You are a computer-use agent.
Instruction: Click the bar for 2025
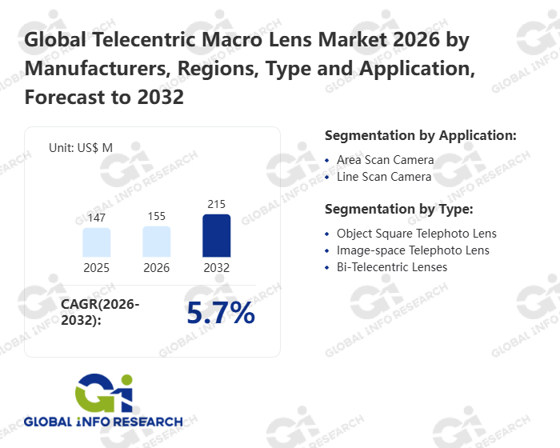[x=97, y=242]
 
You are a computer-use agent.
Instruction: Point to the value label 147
[x=97, y=218]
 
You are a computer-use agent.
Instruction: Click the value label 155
[x=157, y=216]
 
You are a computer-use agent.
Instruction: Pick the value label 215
[x=217, y=204]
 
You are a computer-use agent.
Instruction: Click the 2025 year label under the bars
[x=97, y=268]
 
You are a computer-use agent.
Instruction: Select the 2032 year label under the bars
[x=217, y=268]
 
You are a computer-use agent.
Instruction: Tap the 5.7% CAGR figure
[x=221, y=313]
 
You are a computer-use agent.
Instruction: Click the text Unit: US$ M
[x=81, y=147]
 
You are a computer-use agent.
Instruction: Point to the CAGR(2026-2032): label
[x=100, y=312]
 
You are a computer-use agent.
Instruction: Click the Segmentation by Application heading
[x=420, y=135]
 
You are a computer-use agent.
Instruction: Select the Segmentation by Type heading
[x=398, y=210]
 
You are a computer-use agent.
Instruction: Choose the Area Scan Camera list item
[x=385, y=160]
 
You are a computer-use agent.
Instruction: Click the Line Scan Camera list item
[x=384, y=177]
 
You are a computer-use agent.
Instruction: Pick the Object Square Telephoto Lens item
[x=416, y=234]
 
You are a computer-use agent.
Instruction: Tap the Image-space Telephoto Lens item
[x=413, y=250]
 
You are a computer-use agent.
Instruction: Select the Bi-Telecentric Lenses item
[x=392, y=267]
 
